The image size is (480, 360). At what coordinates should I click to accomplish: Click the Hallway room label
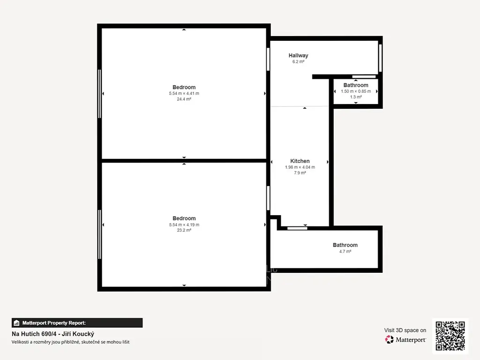point(298,55)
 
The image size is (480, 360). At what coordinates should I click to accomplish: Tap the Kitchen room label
point(300,161)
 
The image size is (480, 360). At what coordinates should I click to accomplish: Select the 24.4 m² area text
point(184,99)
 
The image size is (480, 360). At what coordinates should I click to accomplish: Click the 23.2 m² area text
point(184,230)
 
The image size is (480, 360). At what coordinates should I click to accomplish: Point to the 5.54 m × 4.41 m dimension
point(184,93)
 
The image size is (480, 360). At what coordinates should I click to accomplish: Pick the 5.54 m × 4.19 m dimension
point(184,225)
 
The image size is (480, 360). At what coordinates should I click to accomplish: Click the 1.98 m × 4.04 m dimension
point(300,167)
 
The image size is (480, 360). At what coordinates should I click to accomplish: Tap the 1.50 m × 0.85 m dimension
point(356,91)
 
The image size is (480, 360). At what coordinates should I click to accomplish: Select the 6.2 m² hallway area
point(298,61)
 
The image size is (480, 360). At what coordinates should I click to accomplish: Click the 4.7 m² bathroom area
point(345,251)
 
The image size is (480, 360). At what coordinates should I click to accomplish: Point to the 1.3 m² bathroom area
point(356,97)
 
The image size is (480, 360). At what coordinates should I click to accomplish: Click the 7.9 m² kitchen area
point(300,173)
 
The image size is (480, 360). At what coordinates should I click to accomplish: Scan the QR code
point(450,336)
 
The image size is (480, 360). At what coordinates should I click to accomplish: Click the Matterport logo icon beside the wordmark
point(390,339)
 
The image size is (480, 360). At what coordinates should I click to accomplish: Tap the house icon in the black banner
point(16,323)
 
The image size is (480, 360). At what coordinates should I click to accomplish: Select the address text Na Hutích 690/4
point(34,334)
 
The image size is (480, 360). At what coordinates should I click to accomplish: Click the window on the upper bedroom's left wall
point(99,94)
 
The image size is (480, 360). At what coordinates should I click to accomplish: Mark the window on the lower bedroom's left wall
point(99,234)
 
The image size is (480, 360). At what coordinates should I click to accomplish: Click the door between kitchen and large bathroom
point(297,228)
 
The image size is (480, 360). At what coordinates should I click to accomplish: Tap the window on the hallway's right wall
point(380,58)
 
